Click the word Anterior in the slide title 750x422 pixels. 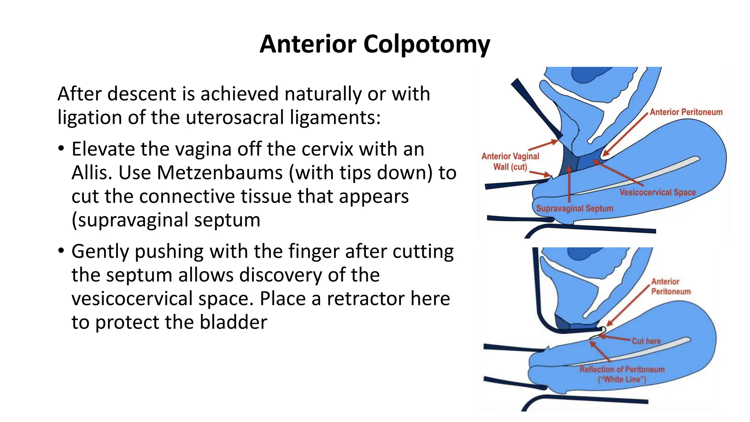pyautogui.click(x=308, y=44)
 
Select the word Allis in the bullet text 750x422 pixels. pyautogui.click(x=92, y=173)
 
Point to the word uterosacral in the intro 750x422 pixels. pyautogui.click(x=235, y=118)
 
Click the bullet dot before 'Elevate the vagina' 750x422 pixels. pyautogui.click(x=61, y=149)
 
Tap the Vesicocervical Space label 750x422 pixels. pyautogui.click(x=657, y=192)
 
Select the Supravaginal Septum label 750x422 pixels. pyautogui.click(x=575, y=208)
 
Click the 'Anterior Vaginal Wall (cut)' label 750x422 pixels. pyautogui.click(x=510, y=162)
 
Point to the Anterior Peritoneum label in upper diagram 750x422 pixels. pyautogui.click(x=686, y=112)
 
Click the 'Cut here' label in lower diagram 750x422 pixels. pyautogui.click(x=646, y=341)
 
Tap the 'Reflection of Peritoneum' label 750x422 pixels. pyautogui.click(x=622, y=369)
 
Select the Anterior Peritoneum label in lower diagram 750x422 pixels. pyautogui.click(x=671, y=286)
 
